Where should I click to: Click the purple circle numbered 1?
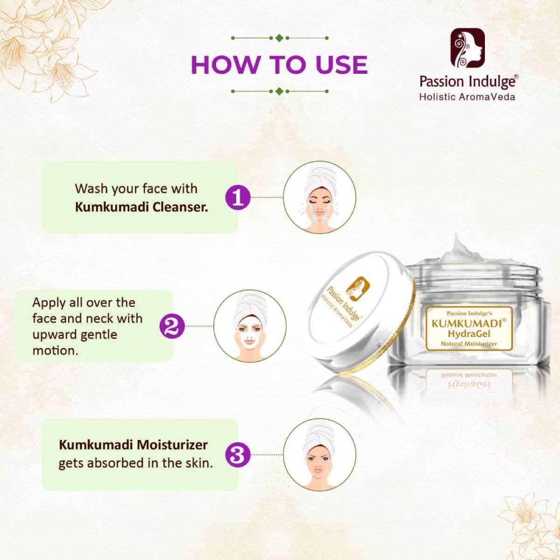(238, 197)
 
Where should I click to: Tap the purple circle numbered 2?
(172, 326)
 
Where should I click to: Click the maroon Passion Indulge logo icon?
(468, 48)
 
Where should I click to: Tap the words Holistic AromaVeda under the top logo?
(467, 97)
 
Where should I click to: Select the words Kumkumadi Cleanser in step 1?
(141, 208)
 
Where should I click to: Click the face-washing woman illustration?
(319, 197)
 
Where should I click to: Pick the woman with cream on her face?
(250, 326)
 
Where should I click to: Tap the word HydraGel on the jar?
(469, 334)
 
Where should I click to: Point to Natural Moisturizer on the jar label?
(469, 344)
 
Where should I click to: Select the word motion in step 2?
(56, 351)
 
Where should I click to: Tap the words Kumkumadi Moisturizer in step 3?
(133, 445)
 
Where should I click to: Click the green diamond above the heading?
(280, 38)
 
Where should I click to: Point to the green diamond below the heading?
(280, 91)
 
